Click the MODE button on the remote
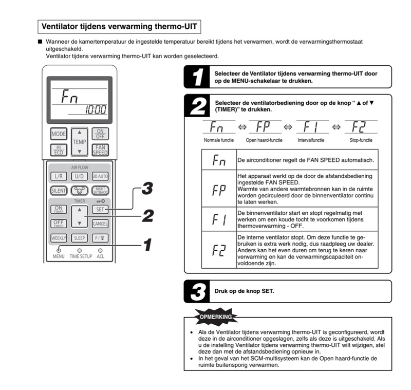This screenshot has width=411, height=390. point(59,134)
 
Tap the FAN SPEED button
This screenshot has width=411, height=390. point(100,150)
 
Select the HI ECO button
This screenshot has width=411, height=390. point(59,150)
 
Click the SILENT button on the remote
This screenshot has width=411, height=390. point(59,190)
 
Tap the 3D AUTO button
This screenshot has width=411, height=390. point(100,176)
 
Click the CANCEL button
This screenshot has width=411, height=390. point(100,224)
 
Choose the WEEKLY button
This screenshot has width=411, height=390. point(59,238)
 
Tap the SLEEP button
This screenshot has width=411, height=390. point(79,238)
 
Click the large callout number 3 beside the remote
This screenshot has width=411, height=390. point(146,189)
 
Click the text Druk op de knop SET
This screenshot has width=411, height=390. point(244,291)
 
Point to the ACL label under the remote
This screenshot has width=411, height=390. point(100,256)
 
